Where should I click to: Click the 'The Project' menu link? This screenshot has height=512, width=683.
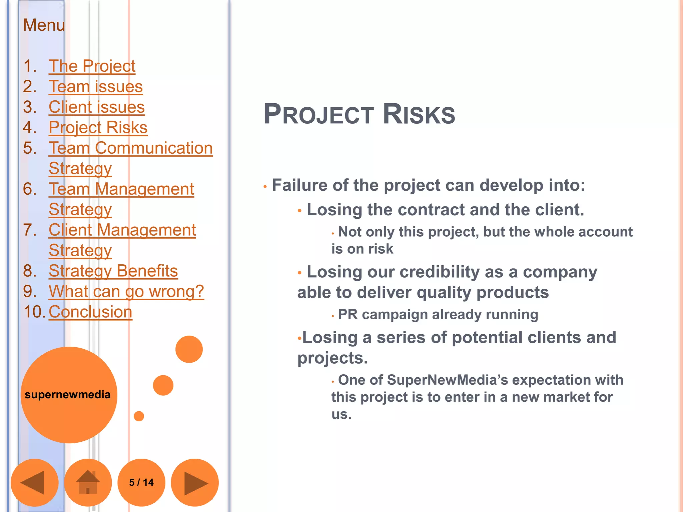point(92,66)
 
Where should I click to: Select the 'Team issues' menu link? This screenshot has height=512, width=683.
point(96,87)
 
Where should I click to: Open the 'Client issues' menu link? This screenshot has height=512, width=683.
point(97,107)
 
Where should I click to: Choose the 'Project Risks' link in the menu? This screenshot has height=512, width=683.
point(98,127)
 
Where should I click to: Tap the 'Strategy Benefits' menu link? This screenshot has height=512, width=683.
point(113,271)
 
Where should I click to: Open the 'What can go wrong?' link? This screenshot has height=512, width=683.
point(126,291)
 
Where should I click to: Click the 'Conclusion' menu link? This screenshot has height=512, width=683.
point(90,312)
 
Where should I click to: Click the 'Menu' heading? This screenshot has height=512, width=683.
point(44,25)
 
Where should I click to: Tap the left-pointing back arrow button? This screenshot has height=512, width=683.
point(34,482)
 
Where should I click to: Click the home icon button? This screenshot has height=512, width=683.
point(88,482)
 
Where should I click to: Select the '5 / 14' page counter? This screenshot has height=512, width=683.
point(141,482)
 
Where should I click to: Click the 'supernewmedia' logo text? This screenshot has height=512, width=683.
point(68,395)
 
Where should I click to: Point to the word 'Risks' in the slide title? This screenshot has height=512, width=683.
point(419,114)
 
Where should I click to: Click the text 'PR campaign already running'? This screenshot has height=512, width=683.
point(438,314)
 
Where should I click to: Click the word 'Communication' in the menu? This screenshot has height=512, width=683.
point(154,148)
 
